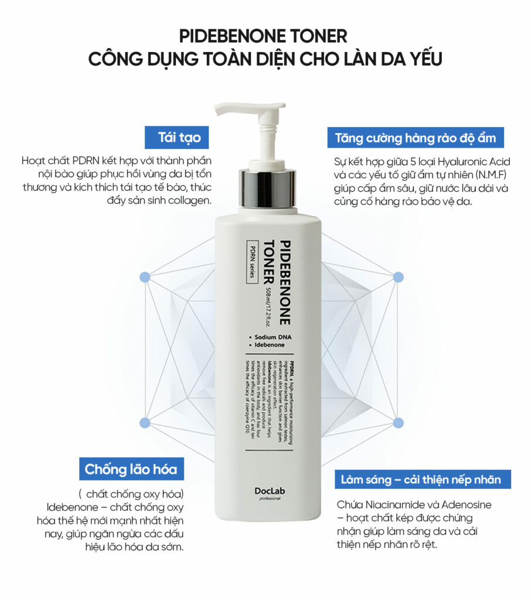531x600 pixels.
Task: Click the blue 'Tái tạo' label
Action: pos(179,138)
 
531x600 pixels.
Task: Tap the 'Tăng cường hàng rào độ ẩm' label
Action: pos(416,138)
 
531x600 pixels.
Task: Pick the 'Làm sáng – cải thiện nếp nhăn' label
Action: pos(421,480)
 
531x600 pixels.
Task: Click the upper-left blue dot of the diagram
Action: pos(145,277)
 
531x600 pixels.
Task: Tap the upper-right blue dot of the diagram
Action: pos(398,277)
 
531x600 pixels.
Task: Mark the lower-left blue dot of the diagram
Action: pos(145,422)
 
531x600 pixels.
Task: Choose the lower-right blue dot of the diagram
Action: pos(398,422)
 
